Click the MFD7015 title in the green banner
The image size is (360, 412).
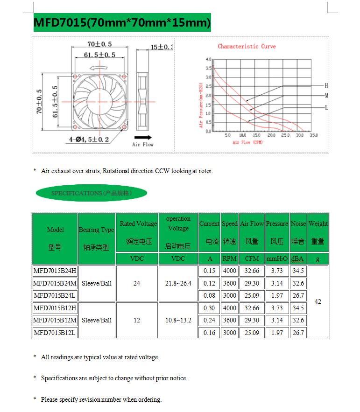[122, 22]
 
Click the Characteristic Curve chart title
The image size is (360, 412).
[247, 46]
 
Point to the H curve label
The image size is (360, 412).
[326, 86]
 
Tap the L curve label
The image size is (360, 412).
[326, 108]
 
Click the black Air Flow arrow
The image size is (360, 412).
[142, 138]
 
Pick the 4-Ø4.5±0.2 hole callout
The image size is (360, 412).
[89, 139]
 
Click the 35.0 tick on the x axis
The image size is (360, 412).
[313, 135]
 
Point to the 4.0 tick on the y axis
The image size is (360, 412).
[208, 60]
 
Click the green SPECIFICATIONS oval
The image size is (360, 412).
[92, 193]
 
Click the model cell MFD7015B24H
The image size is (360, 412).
[55, 271]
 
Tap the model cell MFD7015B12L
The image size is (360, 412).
[55, 333]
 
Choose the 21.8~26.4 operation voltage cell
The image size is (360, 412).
[178, 283]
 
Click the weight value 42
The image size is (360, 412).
[318, 302]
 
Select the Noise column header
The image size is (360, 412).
[298, 232]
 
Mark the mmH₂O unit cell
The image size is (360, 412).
[277, 258]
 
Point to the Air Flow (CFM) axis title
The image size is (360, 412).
[247, 142]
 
